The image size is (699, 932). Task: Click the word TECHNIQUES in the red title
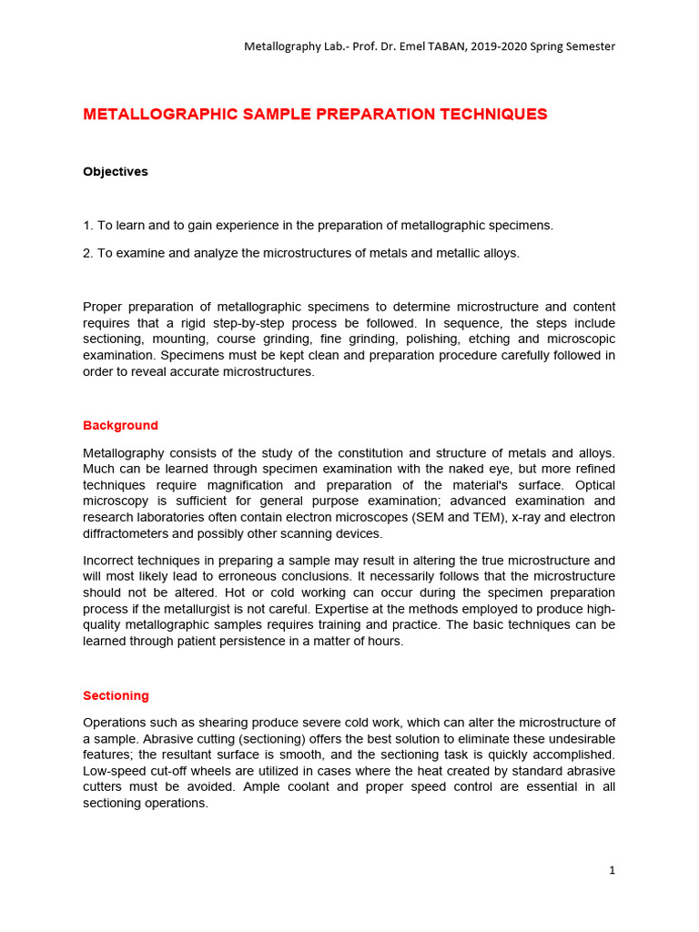(x=492, y=115)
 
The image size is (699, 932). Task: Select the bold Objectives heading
(x=116, y=172)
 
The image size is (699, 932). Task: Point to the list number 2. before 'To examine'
(x=88, y=253)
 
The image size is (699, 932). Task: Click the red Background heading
(x=120, y=426)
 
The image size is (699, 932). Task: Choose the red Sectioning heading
(x=116, y=696)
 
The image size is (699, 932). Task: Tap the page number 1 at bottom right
(x=612, y=870)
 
